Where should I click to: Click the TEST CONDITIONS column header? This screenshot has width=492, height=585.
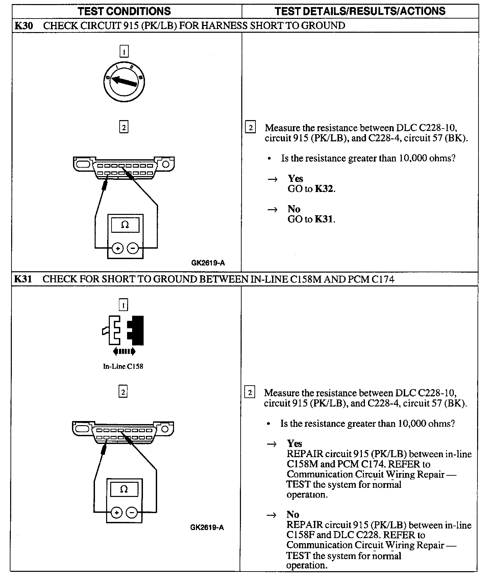click(x=124, y=11)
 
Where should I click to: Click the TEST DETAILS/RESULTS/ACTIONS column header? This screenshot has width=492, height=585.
click(x=360, y=11)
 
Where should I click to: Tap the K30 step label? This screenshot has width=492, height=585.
click(x=24, y=26)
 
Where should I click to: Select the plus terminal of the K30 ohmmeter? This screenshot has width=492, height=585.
click(x=118, y=249)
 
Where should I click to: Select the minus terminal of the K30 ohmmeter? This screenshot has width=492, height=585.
click(x=133, y=249)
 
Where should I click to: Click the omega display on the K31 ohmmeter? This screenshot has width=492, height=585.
click(x=124, y=490)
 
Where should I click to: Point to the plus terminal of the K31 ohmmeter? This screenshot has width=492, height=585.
click(x=117, y=513)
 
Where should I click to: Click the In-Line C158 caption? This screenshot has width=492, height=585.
click(x=123, y=366)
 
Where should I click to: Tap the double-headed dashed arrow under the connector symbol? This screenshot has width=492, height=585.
click(x=124, y=352)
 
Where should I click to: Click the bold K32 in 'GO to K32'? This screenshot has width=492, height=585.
click(x=324, y=189)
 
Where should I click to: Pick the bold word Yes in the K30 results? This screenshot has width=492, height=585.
click(x=295, y=179)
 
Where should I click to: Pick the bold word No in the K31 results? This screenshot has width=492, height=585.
click(x=293, y=514)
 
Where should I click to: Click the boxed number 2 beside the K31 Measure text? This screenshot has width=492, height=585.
click(x=250, y=393)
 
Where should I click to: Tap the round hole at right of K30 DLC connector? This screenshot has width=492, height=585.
click(x=166, y=164)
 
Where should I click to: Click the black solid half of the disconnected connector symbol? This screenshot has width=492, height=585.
click(x=137, y=330)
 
